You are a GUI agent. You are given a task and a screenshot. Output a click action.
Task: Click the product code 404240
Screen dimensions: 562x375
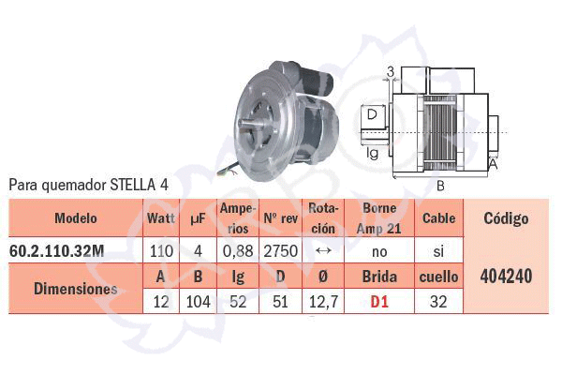506,276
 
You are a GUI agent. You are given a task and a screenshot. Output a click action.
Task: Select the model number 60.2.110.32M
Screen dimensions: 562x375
56,251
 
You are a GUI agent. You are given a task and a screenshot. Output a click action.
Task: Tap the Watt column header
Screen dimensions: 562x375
161,218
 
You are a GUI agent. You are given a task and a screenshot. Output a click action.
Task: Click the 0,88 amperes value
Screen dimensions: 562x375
238,251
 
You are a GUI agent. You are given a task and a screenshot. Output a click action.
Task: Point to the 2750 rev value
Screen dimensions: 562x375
281,251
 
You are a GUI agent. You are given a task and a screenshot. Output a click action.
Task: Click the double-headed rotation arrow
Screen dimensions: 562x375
323,251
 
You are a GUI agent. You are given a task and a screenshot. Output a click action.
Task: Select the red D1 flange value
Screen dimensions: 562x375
379,302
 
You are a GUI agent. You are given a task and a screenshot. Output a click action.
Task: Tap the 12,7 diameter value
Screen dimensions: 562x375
323,302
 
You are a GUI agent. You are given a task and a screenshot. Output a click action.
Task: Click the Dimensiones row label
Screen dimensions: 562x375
75,289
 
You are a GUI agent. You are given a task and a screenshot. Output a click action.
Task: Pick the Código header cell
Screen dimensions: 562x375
506,218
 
